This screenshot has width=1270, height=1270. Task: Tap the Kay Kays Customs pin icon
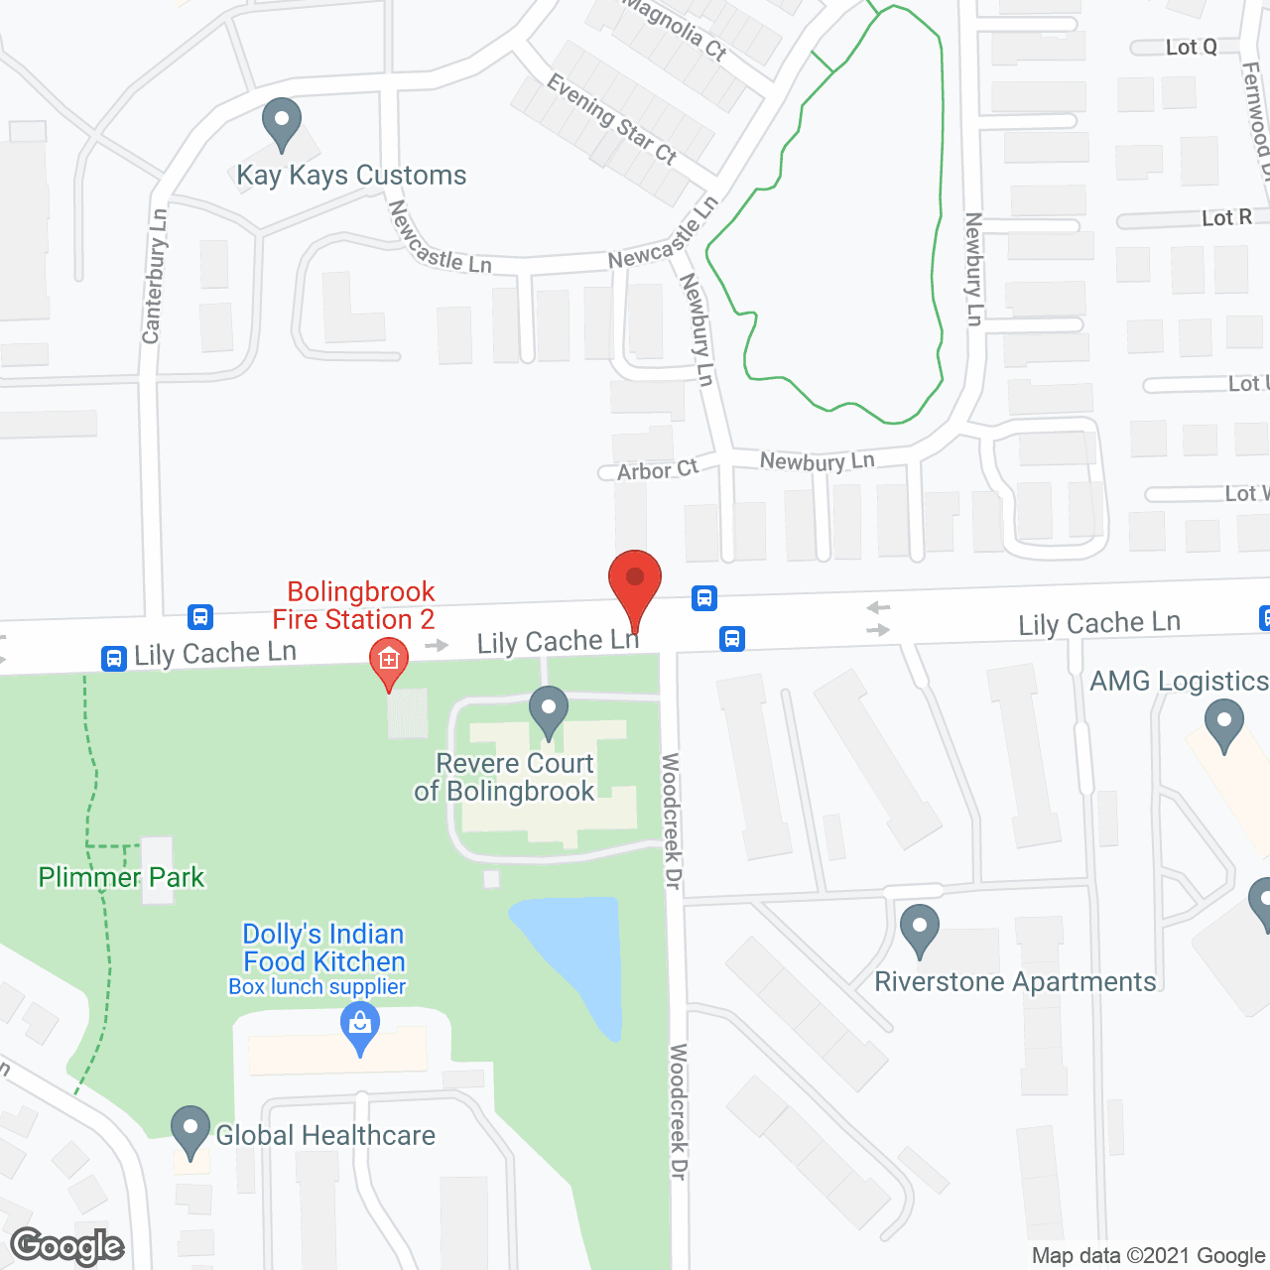[282, 123]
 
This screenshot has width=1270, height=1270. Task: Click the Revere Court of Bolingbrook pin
[548, 711]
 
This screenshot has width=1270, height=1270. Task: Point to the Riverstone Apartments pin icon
[920, 931]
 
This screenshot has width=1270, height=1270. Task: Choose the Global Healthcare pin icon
[190, 1131]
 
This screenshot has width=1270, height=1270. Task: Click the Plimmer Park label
[121, 877]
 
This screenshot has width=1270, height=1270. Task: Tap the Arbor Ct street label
[658, 470]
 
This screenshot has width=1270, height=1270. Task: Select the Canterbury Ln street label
[155, 276]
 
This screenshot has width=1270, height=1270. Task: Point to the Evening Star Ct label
[611, 120]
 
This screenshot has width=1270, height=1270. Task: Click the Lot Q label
[1191, 47]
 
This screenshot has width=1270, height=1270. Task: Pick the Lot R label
[1226, 217]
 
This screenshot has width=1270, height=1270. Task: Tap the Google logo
[67, 1246]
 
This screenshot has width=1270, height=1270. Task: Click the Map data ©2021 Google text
[1148, 1256]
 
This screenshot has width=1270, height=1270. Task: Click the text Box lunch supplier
[317, 987]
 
